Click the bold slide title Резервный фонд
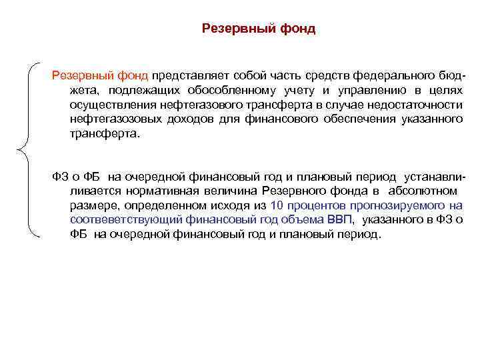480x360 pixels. tap(258, 29)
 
